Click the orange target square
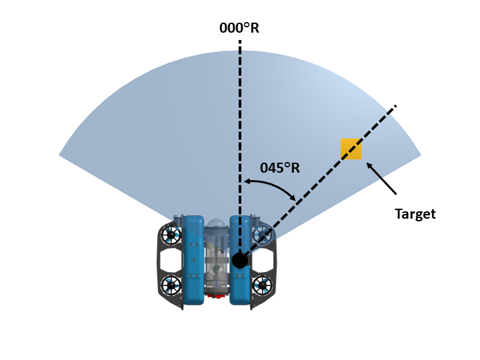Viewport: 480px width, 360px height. (351, 149)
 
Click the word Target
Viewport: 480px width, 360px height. (415, 214)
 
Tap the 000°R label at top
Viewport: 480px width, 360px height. (239, 29)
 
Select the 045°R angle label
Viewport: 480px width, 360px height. (280, 168)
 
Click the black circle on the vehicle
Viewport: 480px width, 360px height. (240, 260)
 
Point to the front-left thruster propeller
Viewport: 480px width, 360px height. (171, 235)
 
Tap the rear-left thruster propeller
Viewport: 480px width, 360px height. (171, 285)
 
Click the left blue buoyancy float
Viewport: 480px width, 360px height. (193, 260)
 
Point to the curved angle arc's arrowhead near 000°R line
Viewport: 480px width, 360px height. (245, 181)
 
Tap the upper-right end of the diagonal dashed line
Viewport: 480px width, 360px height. (395, 106)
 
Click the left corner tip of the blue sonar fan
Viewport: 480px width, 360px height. (60, 155)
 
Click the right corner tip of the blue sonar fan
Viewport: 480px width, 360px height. (420, 155)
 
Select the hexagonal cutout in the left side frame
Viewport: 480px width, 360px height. (171, 260)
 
